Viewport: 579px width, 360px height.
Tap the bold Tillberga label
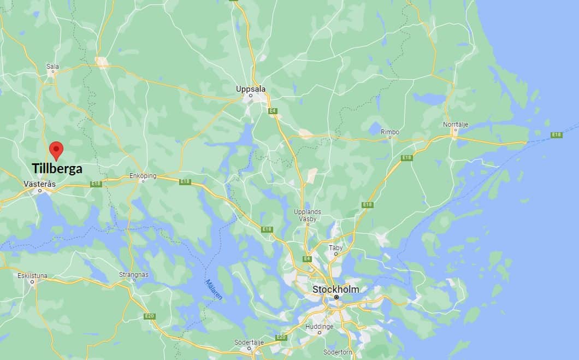pos(57,168)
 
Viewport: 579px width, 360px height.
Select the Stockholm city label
pos(335,289)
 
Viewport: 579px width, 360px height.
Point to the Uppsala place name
pos(251,88)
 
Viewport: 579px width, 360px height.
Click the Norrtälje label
pos(456,125)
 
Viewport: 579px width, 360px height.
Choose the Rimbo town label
pos(390,132)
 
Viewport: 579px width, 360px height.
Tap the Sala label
pos(52,67)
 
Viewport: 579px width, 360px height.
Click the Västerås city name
pos(40,184)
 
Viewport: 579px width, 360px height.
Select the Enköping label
pos(143,176)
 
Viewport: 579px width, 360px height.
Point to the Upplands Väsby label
pos(308,215)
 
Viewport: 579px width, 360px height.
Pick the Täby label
pos(335,247)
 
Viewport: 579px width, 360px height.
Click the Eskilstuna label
pos(32,276)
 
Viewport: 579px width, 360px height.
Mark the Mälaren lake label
pos(214,290)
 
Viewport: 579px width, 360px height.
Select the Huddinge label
pos(320,326)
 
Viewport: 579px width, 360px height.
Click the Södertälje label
pos(249,342)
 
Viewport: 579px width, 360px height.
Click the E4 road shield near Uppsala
pos(273,111)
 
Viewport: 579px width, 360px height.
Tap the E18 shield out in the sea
pos(557,134)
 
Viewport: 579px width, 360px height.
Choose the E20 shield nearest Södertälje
pos(281,337)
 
